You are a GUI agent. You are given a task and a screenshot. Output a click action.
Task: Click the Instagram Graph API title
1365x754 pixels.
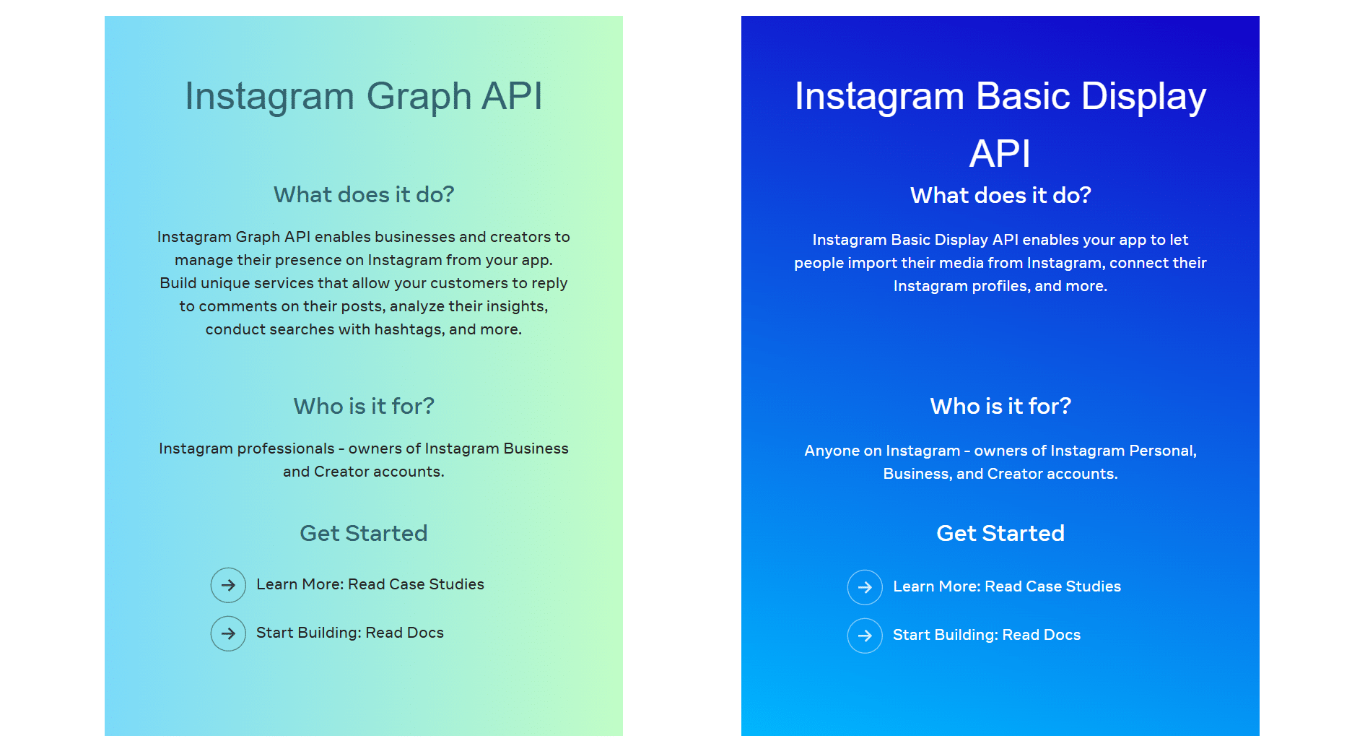tap(363, 96)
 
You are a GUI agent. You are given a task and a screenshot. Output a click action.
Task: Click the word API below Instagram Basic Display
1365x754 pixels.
tap(1000, 154)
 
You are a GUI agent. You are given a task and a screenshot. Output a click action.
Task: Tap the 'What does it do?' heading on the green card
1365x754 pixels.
tap(364, 195)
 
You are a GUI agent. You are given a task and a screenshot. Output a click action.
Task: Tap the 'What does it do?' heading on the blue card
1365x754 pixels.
tap(1000, 196)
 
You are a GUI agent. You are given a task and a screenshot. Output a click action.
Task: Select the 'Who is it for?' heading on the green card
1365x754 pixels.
tap(364, 407)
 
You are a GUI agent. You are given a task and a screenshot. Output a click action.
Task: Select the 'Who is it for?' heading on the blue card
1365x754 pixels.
tap(1000, 407)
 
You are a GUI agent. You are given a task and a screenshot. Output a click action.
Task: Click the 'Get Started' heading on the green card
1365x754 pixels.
tap(364, 534)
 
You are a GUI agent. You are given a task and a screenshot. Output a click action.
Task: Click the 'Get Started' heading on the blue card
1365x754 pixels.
tap(1000, 534)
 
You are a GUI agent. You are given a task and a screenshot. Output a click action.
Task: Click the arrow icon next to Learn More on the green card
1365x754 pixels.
tap(228, 585)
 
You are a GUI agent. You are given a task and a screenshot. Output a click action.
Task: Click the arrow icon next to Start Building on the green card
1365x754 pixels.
tap(228, 633)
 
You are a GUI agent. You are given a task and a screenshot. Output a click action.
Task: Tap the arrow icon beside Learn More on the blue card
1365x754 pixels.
tap(865, 587)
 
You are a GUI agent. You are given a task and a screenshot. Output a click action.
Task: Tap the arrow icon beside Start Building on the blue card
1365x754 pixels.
tap(865, 636)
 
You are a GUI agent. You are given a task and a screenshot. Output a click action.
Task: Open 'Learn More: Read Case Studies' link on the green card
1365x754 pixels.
tap(370, 584)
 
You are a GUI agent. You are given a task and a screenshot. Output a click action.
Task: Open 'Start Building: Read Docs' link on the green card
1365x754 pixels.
tap(349, 633)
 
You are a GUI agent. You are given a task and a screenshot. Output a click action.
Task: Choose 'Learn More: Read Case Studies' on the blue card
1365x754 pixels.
tap(1006, 586)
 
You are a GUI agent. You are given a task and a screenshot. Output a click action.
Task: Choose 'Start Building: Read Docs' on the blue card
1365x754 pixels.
tap(986, 635)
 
